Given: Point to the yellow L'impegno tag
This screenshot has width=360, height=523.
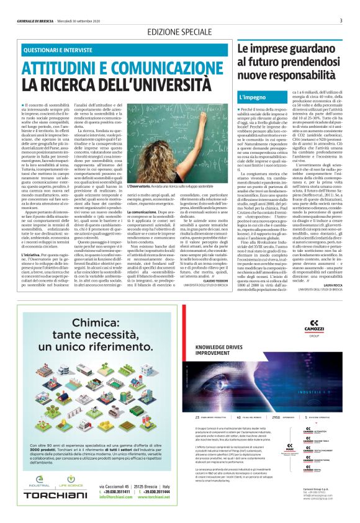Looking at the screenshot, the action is click(x=253, y=98).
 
